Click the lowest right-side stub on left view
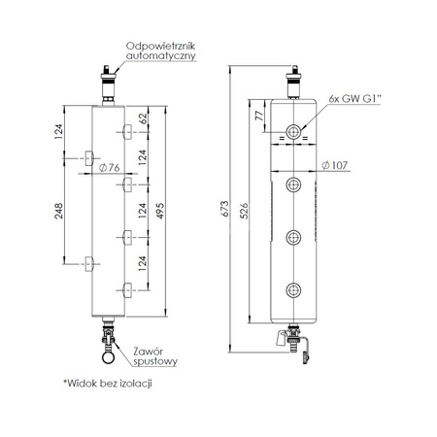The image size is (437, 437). click(x=127, y=287)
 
